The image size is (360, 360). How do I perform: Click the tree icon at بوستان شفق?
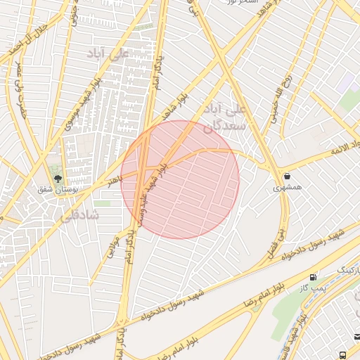[x=57, y=178]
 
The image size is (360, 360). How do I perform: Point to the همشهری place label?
[x=288, y=188]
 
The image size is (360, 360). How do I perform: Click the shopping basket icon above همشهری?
[x=287, y=175]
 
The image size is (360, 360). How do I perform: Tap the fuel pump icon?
[x=313, y=277]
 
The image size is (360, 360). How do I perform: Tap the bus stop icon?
[x=342, y=355]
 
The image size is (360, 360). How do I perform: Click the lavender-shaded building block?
[x=346, y=82]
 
